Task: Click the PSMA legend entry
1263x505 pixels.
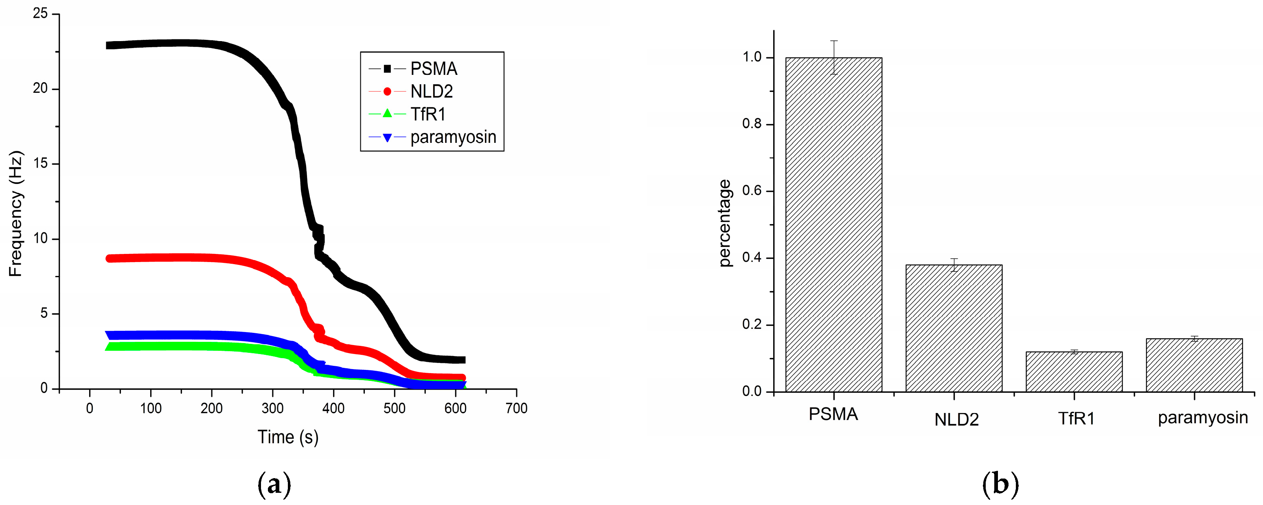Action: tap(434, 69)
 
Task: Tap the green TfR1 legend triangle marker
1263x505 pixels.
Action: tap(387, 114)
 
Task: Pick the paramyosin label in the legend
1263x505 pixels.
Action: tap(453, 137)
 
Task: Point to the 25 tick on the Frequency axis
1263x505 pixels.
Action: tap(40, 14)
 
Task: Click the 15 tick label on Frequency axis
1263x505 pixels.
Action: tap(40, 164)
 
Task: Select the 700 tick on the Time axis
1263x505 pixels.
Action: tap(516, 408)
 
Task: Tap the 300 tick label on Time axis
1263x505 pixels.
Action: tap(273, 408)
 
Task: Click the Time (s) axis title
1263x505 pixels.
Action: tap(288, 437)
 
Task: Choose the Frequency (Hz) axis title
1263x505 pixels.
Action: tap(16, 214)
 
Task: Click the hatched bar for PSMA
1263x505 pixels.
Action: tap(833, 225)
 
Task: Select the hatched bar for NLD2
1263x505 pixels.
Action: tap(954, 328)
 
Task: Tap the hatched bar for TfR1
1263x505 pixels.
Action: tap(1074, 372)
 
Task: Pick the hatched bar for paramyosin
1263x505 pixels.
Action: tap(1194, 365)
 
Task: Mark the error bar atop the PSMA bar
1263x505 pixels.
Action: tap(833, 57)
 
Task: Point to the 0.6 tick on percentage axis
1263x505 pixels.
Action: tap(752, 191)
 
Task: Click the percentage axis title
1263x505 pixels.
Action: tap(725, 223)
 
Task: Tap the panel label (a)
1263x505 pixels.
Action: tap(274, 484)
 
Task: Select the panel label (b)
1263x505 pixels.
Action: tap(1000, 484)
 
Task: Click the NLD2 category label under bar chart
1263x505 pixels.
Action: tap(956, 419)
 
